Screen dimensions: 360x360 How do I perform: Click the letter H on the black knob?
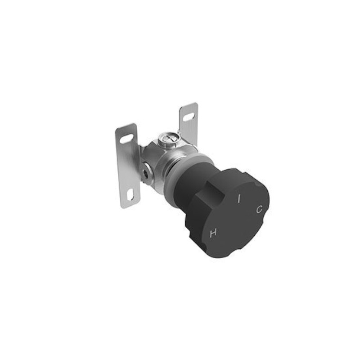(x=213, y=233)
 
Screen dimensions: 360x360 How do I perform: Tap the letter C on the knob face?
(x=259, y=209)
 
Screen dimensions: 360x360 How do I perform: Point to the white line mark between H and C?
(x=239, y=199)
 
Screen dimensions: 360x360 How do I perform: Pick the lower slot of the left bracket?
(x=130, y=195)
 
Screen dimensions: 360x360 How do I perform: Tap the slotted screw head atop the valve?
(x=168, y=139)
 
